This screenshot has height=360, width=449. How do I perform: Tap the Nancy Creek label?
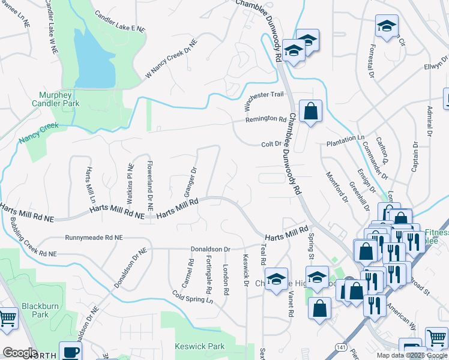pyautogui.click(x=38, y=133)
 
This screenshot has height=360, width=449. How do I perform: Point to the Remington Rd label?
pyautogui.click(x=266, y=119)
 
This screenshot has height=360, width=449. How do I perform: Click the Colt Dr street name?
pyautogui.click(x=271, y=144)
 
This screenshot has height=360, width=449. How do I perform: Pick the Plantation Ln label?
pyautogui.click(x=345, y=138)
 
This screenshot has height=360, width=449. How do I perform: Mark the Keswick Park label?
pyautogui.click(x=199, y=346)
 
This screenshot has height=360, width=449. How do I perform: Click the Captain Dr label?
pyautogui.click(x=415, y=158)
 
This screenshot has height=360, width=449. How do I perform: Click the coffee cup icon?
pyautogui.click(x=70, y=352)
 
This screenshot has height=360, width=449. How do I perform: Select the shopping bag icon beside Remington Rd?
pyautogui.click(x=310, y=111)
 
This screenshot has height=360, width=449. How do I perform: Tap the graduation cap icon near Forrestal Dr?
pyautogui.click(x=387, y=26)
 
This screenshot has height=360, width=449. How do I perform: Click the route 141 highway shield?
pyautogui.click(x=341, y=347)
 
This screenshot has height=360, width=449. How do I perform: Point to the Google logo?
pyautogui.click(x=20, y=353)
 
